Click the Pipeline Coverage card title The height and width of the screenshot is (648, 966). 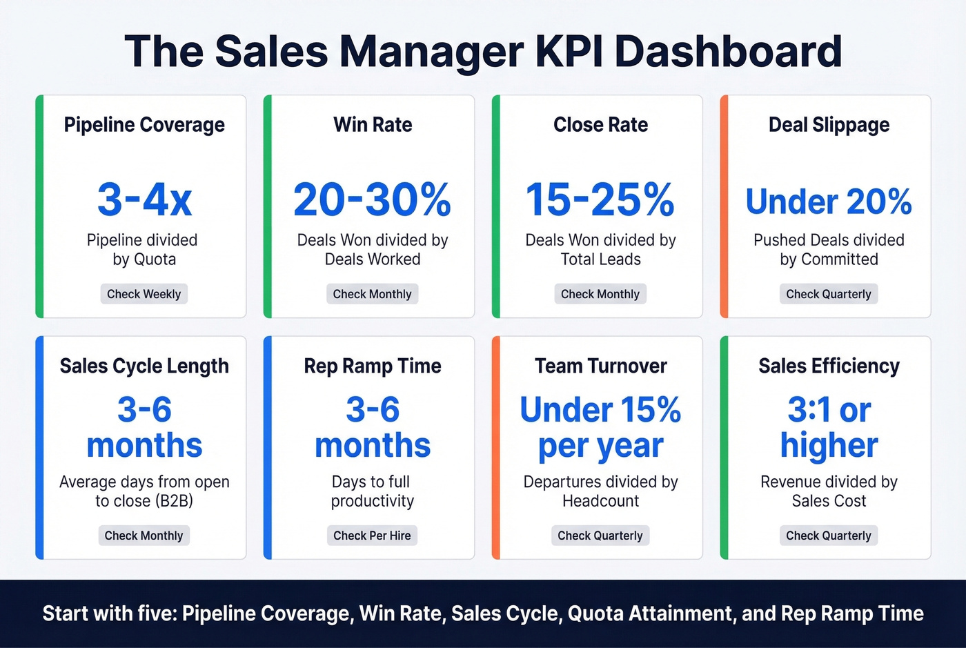(x=144, y=125)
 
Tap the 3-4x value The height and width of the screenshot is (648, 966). (x=144, y=199)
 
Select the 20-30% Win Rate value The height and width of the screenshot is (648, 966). (x=372, y=199)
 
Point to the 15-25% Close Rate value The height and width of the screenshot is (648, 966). (x=600, y=199)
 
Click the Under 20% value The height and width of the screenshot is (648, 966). (x=829, y=202)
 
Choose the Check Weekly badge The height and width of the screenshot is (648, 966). (x=144, y=294)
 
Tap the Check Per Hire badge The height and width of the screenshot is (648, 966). (x=372, y=536)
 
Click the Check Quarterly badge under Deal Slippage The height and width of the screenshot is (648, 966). (x=829, y=294)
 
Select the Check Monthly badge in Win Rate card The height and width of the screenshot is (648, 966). (x=372, y=294)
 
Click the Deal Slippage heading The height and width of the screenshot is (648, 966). (x=829, y=125)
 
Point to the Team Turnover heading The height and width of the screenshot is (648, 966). (x=600, y=366)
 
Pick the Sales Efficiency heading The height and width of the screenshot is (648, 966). (x=829, y=366)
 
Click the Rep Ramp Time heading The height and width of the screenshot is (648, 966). (x=372, y=366)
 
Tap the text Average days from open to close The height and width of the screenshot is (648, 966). (x=144, y=491)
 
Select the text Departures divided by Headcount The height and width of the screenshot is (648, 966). (x=600, y=491)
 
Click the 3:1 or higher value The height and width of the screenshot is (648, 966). (x=829, y=428)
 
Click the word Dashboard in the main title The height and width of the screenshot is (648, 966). (x=728, y=51)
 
